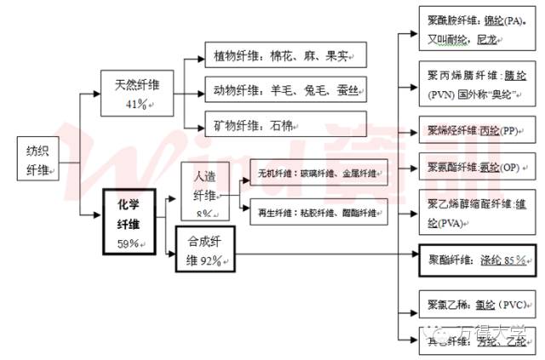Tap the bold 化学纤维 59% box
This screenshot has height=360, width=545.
click(132, 219)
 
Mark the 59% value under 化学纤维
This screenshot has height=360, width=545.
click(129, 244)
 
